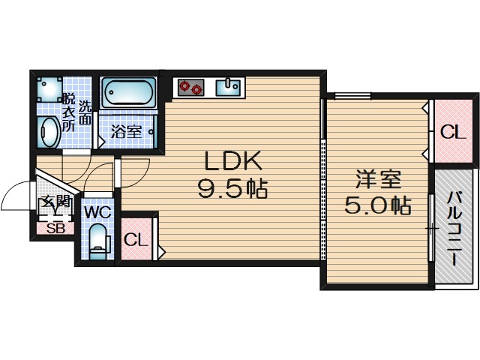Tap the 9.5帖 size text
point(232,189)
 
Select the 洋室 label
point(378,180)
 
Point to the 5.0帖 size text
point(378,205)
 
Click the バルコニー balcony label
point(454,228)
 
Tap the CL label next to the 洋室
point(452,133)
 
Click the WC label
point(97,212)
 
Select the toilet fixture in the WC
point(97,242)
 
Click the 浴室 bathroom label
point(126,132)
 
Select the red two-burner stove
point(190,87)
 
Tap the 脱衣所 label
point(68,112)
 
